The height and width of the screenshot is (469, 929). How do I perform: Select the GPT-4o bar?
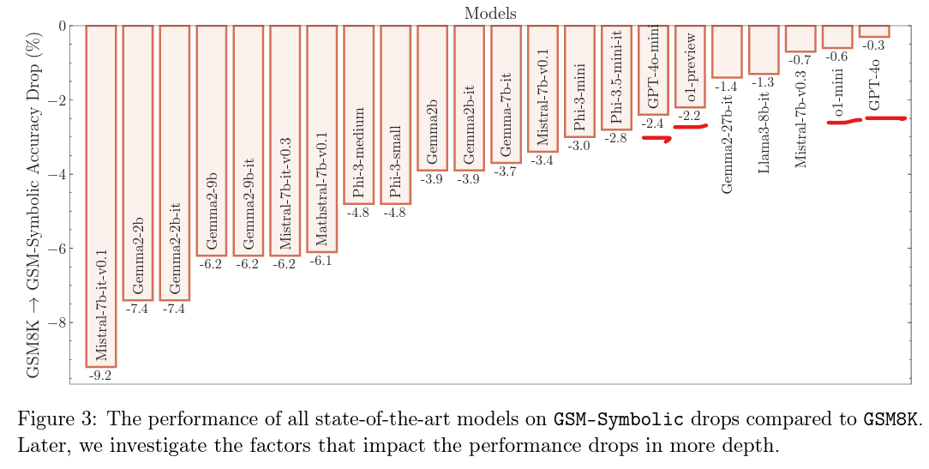tap(874, 31)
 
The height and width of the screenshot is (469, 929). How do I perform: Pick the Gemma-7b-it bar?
tap(506, 93)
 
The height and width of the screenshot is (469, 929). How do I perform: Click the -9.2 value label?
tap(101, 375)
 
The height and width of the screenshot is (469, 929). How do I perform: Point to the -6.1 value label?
tap(321, 260)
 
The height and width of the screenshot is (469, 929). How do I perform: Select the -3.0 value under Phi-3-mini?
tap(579, 146)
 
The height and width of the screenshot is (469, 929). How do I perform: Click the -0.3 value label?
tap(874, 45)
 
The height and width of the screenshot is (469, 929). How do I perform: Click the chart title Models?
tap(490, 12)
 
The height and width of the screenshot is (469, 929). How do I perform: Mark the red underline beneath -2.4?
tap(656, 139)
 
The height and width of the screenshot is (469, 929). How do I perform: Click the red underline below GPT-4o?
tap(885, 118)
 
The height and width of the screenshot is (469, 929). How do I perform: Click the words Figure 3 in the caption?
tap(47, 418)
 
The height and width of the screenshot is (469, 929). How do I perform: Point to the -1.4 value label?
tap(727, 87)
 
